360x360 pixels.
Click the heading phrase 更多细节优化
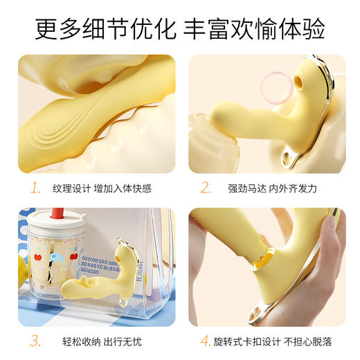pyautogui.click(x=103, y=29)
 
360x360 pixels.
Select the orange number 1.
pyautogui.click(x=35, y=188)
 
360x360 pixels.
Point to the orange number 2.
pyautogui.click(x=206, y=188)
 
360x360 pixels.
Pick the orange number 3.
pyautogui.click(x=35, y=341)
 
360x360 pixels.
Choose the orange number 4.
pyautogui.click(x=206, y=341)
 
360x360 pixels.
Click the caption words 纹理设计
pyautogui.click(x=71, y=188)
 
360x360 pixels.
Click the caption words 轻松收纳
pyautogui.click(x=71, y=341)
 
